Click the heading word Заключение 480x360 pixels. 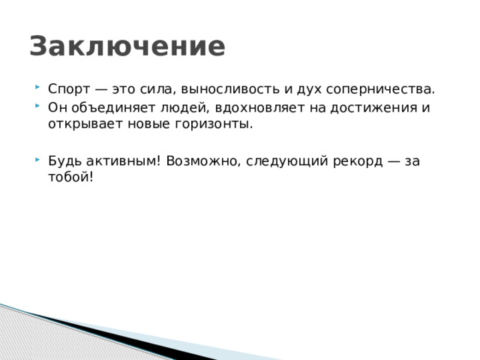pyautogui.click(x=127, y=46)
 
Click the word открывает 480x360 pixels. pyautogui.click(x=82, y=124)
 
